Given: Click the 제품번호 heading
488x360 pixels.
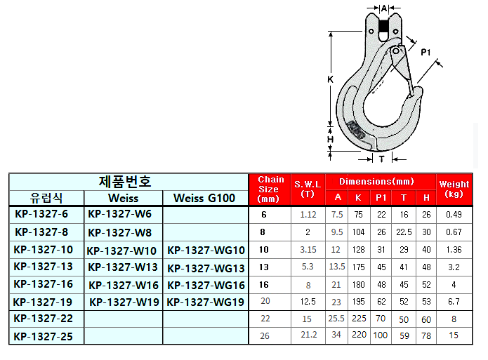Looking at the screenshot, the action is coord(125,182).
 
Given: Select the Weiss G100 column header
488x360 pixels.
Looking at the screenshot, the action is coord(204,198).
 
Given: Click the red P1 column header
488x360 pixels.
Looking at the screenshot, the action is coord(381,198).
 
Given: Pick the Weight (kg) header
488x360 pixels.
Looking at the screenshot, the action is coord(454,189).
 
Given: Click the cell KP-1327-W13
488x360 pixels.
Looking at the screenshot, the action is coord(123,267).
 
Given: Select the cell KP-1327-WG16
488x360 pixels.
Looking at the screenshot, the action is coord(206,286).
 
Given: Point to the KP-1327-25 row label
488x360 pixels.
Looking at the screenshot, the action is coord(44,336).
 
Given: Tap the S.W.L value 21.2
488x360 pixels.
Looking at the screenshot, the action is coord(309,335).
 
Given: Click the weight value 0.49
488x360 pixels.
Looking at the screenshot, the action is coord(454,214).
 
